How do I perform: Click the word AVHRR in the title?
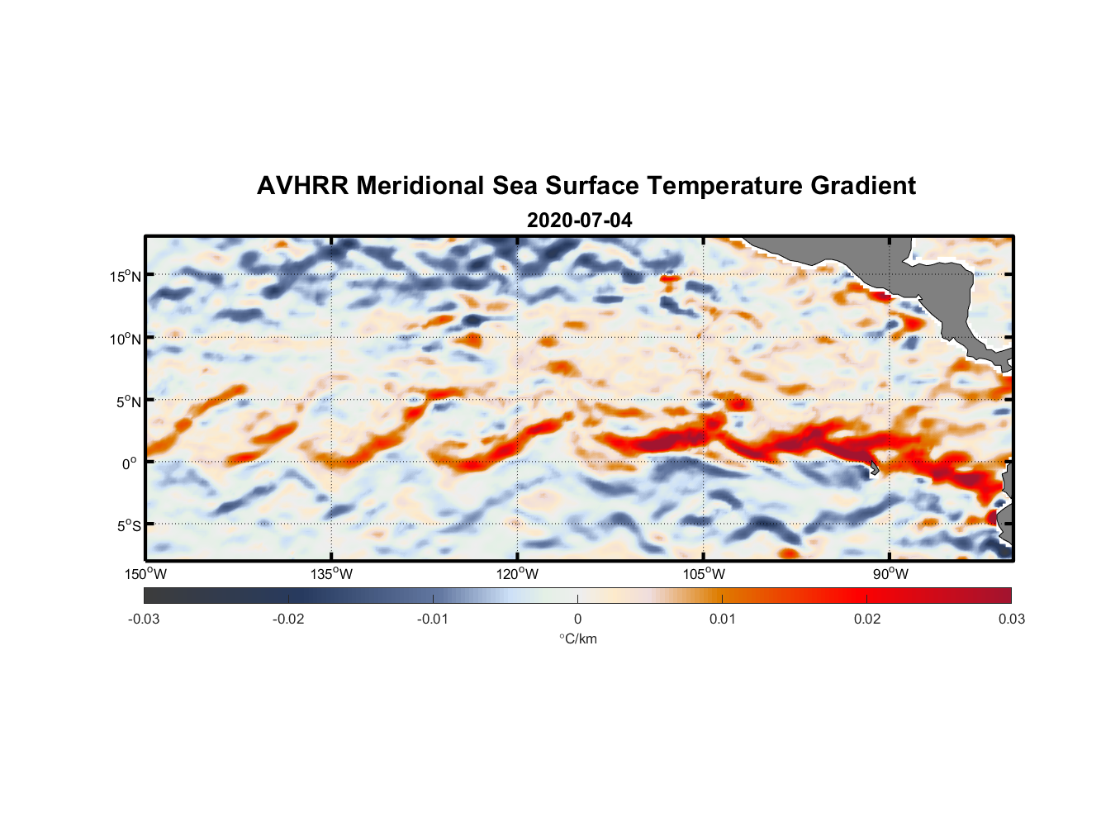click(x=302, y=186)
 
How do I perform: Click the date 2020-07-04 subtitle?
click(x=579, y=221)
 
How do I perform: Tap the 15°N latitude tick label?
click(x=126, y=276)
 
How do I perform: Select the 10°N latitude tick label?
click(x=126, y=339)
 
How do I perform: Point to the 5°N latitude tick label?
click(x=128, y=401)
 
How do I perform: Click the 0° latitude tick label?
click(x=130, y=464)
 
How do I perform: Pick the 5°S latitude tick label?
click(x=128, y=526)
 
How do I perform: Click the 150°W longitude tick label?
click(x=145, y=574)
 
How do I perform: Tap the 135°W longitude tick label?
click(x=331, y=574)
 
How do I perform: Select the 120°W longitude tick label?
click(x=517, y=574)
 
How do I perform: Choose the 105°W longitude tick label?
click(x=704, y=574)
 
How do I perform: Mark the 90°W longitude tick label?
click(x=890, y=574)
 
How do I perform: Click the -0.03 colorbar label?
click(x=144, y=619)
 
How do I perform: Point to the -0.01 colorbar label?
click(x=433, y=619)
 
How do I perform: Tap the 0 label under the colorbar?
click(x=577, y=619)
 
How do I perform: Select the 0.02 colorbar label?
click(x=867, y=619)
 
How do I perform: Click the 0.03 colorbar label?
click(x=1011, y=619)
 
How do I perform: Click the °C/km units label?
click(x=577, y=638)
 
